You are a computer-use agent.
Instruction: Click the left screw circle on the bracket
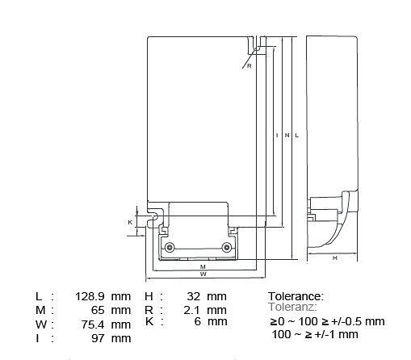(x=170, y=247)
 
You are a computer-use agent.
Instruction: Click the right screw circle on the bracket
(x=227, y=247)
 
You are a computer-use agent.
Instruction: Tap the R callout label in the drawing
(x=250, y=66)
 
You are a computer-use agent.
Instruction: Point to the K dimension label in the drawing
(x=130, y=223)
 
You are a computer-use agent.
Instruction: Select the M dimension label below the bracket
(x=203, y=267)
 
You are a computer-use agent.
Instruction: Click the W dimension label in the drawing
(x=203, y=274)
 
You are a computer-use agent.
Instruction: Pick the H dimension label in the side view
(x=335, y=258)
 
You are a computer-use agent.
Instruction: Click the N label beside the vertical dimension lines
(x=287, y=136)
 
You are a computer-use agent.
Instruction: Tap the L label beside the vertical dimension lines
(x=297, y=136)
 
